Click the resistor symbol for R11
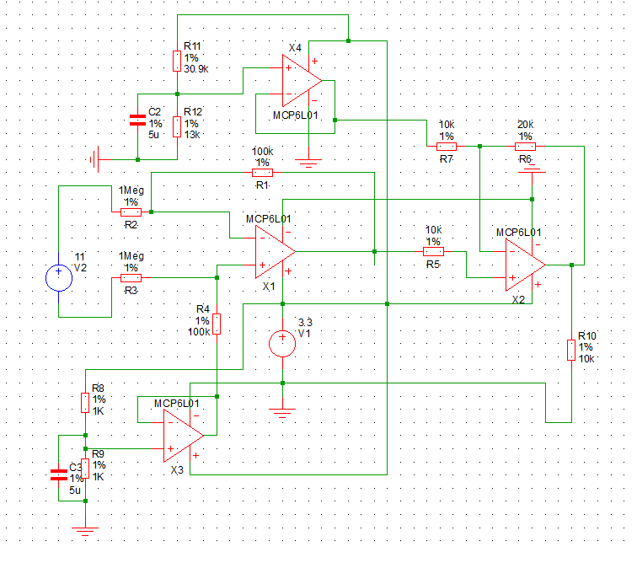pyautogui.click(x=177, y=61)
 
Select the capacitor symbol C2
pyautogui.click(x=137, y=121)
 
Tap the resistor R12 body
pyautogui.click(x=177, y=126)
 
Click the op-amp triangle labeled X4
pyautogui.click(x=302, y=81)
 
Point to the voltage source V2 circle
pyautogui.click(x=59, y=278)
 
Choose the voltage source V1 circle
pyautogui.click(x=282, y=344)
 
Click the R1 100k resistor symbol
pyautogui.click(x=262, y=173)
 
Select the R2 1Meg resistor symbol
pyautogui.click(x=131, y=212)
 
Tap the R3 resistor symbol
pyautogui.click(x=131, y=278)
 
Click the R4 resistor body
pyautogui.click(x=217, y=324)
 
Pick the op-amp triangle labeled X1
pyautogui.click(x=275, y=252)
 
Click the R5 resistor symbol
pyautogui.click(x=433, y=252)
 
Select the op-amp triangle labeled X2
pyautogui.click(x=525, y=265)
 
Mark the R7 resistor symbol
pyautogui.click(x=447, y=147)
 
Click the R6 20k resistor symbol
pyautogui.click(x=525, y=147)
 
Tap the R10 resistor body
pyautogui.click(x=571, y=351)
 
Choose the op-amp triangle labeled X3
pyautogui.click(x=183, y=436)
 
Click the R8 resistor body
pyautogui.click(x=85, y=403)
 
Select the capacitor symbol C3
pyautogui.click(x=59, y=475)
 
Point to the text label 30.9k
pyautogui.click(x=195, y=69)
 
